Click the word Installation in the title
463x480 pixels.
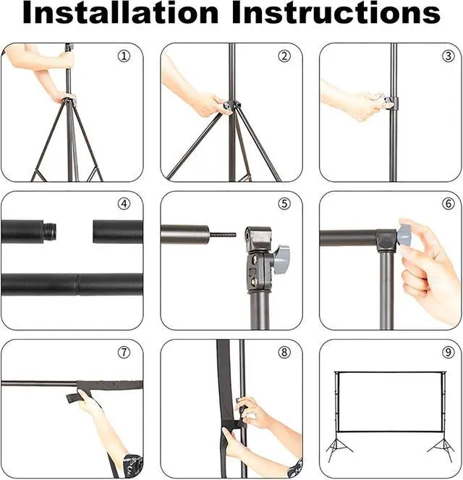click(x=121, y=12)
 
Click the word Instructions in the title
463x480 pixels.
click(x=336, y=12)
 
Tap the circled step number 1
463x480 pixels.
click(x=124, y=56)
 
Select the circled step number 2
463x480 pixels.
click(x=284, y=56)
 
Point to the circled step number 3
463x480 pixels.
click(x=449, y=56)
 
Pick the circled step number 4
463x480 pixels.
click(x=124, y=203)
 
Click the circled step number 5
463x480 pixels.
click(x=284, y=203)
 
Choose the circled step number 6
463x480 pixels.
click(x=449, y=203)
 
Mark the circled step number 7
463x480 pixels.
click(x=124, y=353)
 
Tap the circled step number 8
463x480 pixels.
click(x=284, y=353)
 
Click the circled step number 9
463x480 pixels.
click(x=449, y=353)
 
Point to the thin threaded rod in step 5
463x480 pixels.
click(x=223, y=235)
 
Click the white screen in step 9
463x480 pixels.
click(x=389, y=402)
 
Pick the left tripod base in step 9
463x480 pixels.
click(x=338, y=448)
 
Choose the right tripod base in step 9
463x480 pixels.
click(x=441, y=448)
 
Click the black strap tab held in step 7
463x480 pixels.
click(x=74, y=397)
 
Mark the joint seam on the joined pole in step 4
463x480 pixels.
click(x=77, y=285)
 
